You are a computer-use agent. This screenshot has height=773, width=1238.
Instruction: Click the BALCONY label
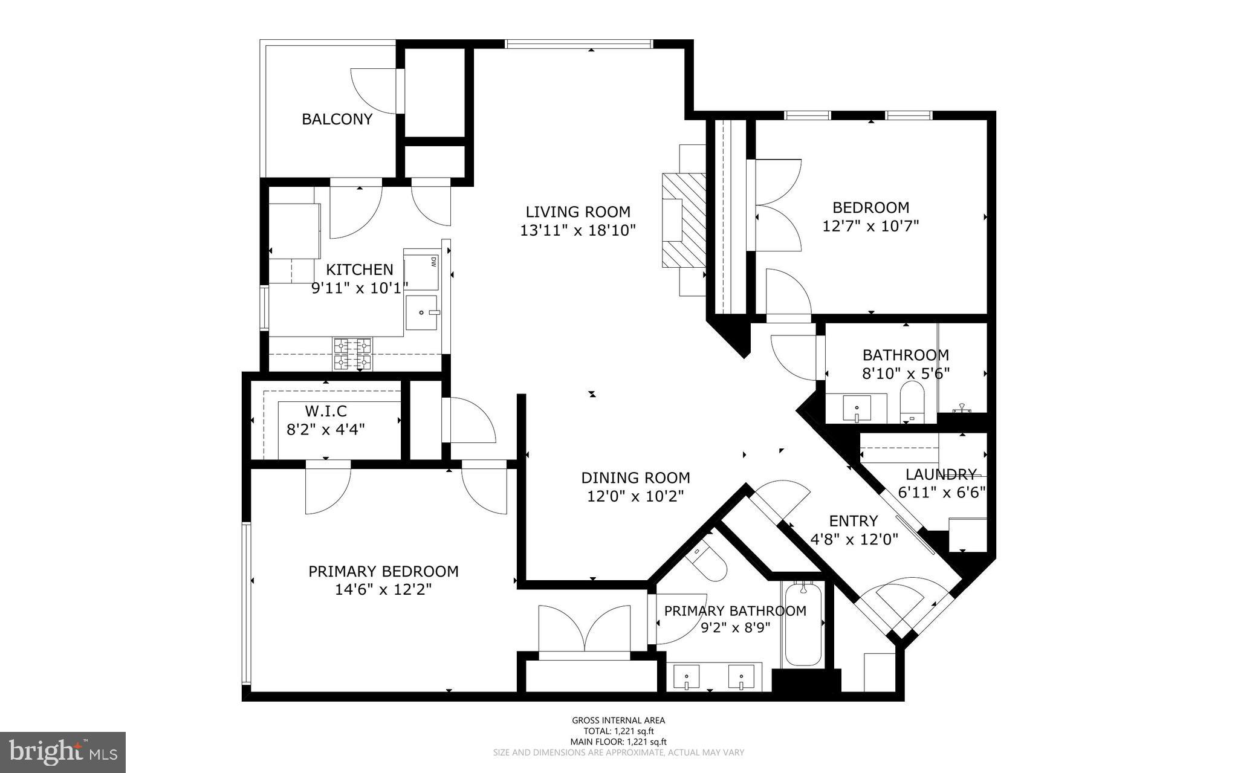click(x=337, y=119)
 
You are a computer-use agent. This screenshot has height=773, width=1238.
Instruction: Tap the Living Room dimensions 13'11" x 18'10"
click(x=578, y=230)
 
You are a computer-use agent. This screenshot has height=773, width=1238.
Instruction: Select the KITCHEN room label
click(x=360, y=270)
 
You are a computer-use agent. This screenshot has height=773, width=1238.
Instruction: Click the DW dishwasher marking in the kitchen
click(x=433, y=262)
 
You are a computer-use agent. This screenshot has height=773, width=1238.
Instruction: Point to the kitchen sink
click(x=421, y=312)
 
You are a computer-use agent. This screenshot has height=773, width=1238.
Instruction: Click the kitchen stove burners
click(x=352, y=354)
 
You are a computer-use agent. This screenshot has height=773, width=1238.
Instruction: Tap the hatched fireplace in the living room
click(x=684, y=220)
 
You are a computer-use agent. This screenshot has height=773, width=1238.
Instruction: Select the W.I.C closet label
click(x=326, y=412)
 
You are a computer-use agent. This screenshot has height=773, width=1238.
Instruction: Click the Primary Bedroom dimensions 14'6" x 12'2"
click(x=383, y=589)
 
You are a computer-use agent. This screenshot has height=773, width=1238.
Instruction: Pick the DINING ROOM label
click(x=635, y=478)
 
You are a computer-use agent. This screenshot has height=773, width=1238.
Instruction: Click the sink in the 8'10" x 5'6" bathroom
click(x=857, y=409)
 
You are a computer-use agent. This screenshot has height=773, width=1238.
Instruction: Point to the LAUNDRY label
click(x=941, y=474)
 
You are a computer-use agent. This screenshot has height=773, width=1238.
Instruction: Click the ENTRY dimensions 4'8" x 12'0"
click(x=854, y=540)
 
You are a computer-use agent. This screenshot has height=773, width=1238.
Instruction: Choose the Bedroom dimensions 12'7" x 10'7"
click(x=870, y=226)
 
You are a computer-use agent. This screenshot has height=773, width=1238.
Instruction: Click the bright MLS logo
click(x=63, y=752)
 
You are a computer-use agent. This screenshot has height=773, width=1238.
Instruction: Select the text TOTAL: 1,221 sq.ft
click(x=618, y=731)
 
